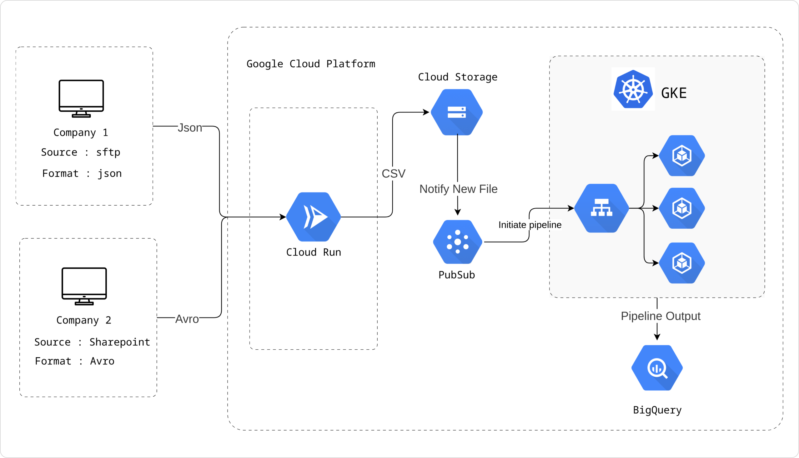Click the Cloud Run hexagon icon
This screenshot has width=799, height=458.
click(313, 217)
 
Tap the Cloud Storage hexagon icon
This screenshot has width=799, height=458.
click(457, 112)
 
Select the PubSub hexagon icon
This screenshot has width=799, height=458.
click(458, 242)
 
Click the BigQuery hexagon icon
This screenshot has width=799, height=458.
click(657, 368)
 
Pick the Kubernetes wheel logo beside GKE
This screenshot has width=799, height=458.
click(633, 89)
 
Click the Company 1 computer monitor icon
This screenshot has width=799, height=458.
click(81, 99)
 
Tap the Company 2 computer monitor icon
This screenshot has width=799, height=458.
click(84, 286)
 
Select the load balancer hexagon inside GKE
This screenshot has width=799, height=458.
click(602, 208)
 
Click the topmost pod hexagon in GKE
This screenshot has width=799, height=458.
click(682, 156)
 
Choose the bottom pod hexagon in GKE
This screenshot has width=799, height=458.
click(682, 263)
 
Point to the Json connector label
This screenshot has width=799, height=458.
click(190, 128)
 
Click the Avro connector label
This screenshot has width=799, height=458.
click(187, 319)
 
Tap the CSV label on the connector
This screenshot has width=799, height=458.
click(394, 174)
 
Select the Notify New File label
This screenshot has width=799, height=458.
click(458, 189)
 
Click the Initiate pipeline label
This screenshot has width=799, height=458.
click(530, 225)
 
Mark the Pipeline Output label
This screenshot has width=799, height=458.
click(661, 316)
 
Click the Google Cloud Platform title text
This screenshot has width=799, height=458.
click(310, 64)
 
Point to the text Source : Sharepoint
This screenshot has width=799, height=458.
click(92, 342)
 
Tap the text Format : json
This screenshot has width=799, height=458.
click(82, 173)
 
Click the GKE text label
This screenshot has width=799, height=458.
click(674, 93)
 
